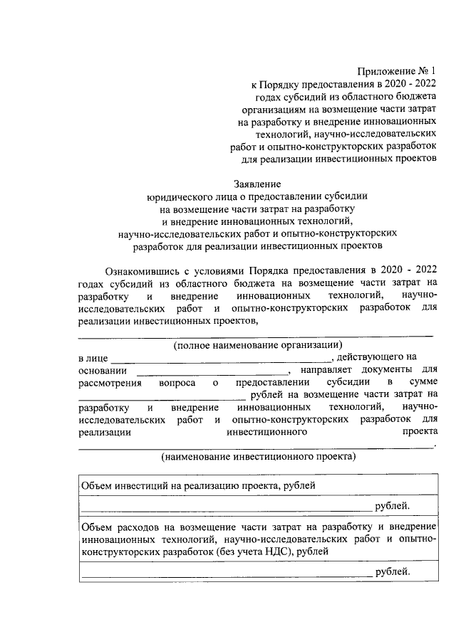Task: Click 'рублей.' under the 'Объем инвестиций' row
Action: coord(393,506)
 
